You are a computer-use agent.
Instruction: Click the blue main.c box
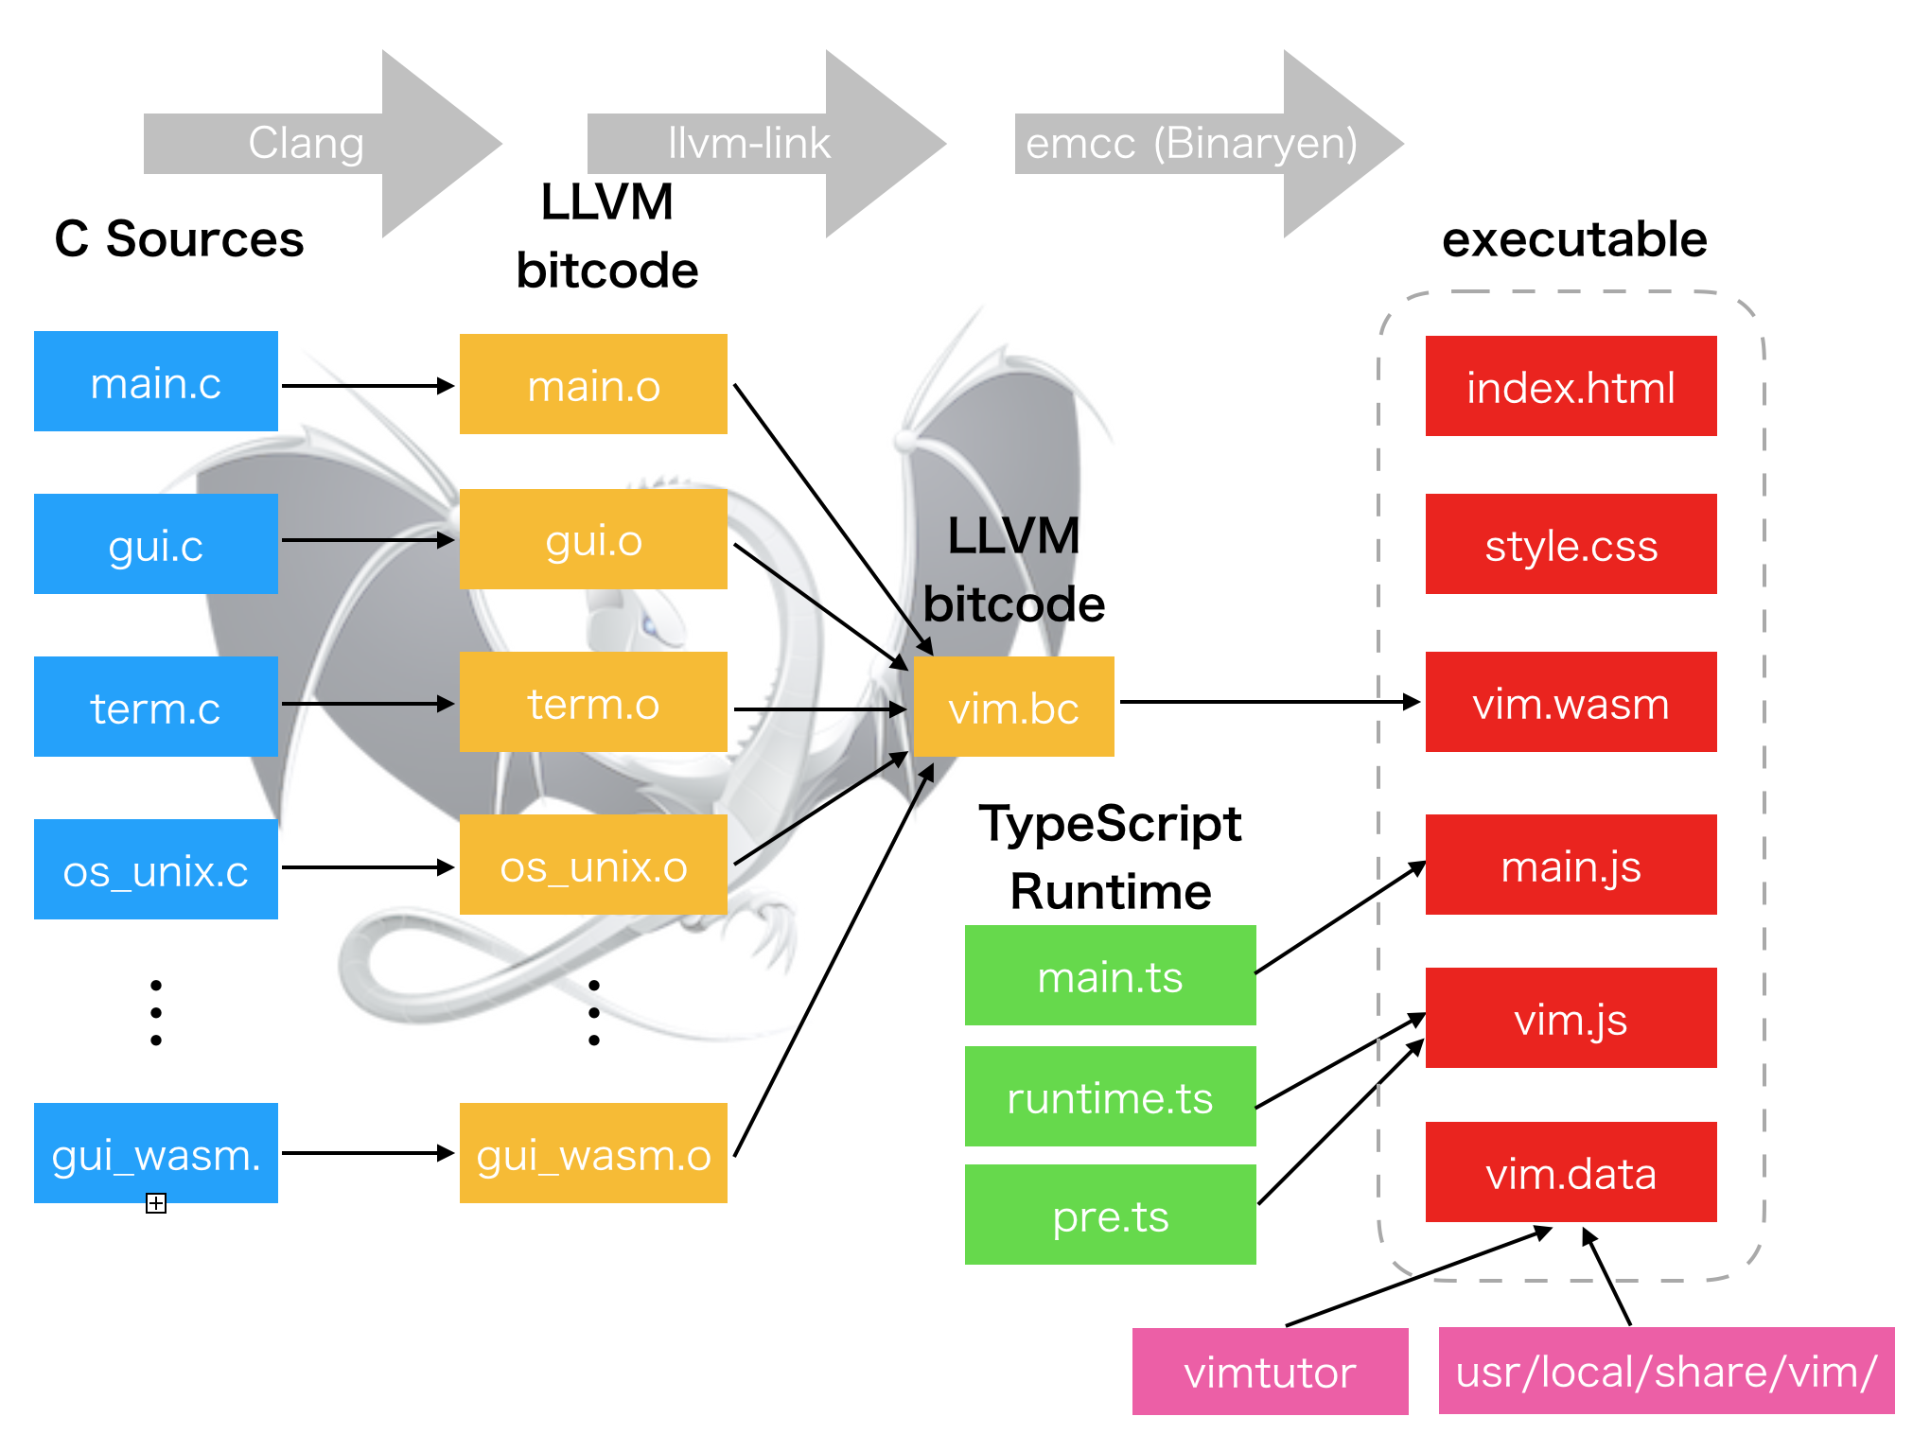(156, 382)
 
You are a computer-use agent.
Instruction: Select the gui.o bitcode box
(593, 540)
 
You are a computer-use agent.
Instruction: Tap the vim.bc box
(1013, 708)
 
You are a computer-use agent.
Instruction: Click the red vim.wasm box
(1571, 703)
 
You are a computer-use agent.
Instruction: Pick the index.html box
(1571, 387)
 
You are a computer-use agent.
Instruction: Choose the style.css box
(1571, 545)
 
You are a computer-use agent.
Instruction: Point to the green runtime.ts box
(1110, 1097)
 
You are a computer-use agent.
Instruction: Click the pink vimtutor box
(1270, 1372)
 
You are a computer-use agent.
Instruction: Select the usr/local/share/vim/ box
(1666, 1372)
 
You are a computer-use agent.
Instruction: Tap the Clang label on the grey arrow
(306, 144)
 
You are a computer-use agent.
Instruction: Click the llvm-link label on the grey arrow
(748, 144)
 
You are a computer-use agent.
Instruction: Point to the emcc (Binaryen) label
(1191, 144)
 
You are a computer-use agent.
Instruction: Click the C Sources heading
(179, 238)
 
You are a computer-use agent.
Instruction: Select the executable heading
(1574, 238)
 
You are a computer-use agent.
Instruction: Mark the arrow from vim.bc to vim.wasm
(1268, 702)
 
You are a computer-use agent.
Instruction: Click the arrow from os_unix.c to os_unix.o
(368, 867)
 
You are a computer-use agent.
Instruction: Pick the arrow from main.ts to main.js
(1340, 918)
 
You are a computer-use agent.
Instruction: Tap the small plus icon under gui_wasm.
(156, 1203)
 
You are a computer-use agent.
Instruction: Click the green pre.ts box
(1110, 1215)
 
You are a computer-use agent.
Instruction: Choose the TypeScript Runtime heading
(1110, 857)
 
